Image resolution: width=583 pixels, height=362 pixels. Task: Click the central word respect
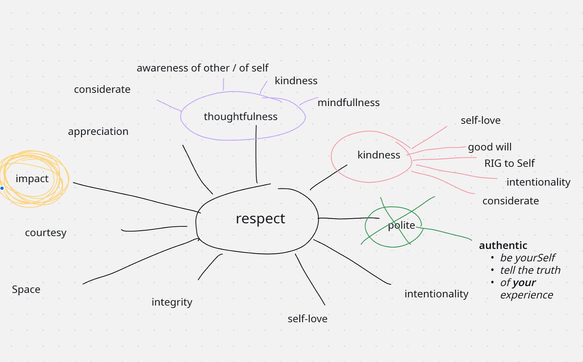point(260,219)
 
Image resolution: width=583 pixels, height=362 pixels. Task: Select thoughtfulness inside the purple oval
point(240,117)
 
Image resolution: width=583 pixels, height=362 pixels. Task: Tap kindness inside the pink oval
point(378,155)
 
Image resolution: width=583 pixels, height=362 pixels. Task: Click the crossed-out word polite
point(401,225)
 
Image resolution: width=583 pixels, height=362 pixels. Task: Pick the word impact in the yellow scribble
point(32,179)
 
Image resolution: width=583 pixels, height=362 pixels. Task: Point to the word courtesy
point(46,233)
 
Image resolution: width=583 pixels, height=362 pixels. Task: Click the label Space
point(26,289)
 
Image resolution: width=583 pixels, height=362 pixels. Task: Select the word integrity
point(172,302)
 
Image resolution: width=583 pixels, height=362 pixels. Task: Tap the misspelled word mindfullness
point(348,103)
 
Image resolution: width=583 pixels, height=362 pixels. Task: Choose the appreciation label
point(98,131)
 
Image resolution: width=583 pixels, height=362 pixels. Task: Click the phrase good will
point(490,147)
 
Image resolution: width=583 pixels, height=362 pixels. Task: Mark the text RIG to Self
point(509,163)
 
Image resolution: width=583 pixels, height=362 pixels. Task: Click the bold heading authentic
point(503,245)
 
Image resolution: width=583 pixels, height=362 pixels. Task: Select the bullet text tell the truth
point(530,270)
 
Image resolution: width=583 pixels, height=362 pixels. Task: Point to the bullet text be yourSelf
point(527,258)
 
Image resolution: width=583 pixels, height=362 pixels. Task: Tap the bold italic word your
point(524,283)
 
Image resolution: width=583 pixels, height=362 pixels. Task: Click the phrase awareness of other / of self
point(202,68)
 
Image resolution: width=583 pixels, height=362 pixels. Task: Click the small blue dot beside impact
point(2,188)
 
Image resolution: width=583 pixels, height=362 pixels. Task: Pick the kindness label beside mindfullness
point(296,81)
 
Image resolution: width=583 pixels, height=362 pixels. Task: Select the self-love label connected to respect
point(308,319)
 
